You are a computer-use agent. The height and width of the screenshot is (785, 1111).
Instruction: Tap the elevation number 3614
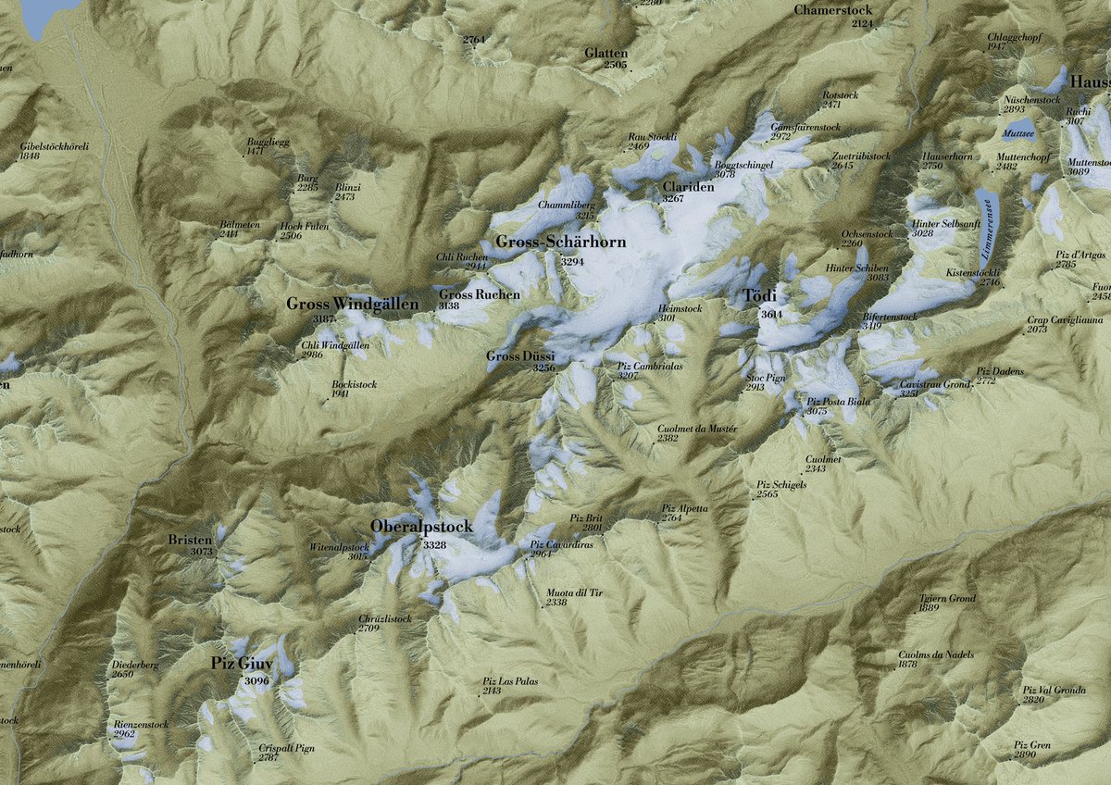click(771, 315)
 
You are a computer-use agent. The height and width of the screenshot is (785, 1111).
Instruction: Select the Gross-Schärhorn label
click(560, 243)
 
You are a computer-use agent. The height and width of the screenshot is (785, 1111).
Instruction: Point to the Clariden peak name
click(688, 186)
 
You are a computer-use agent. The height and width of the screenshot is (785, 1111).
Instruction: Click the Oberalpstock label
click(421, 527)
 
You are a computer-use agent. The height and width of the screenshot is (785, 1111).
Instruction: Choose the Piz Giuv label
click(243, 663)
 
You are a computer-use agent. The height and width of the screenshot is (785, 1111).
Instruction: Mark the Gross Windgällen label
click(352, 304)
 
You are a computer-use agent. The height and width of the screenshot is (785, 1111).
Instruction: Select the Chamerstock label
click(833, 10)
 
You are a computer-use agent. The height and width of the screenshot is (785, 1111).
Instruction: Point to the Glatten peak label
click(605, 53)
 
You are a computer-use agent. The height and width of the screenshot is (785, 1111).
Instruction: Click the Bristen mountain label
click(191, 540)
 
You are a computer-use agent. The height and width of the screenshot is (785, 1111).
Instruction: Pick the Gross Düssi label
click(521, 355)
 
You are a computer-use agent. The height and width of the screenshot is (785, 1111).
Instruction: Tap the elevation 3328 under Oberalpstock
click(434, 546)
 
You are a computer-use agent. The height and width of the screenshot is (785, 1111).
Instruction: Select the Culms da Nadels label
click(936, 654)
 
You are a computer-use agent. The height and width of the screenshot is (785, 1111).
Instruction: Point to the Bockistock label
click(354, 383)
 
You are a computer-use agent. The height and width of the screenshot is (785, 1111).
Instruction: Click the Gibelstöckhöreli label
click(55, 146)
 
